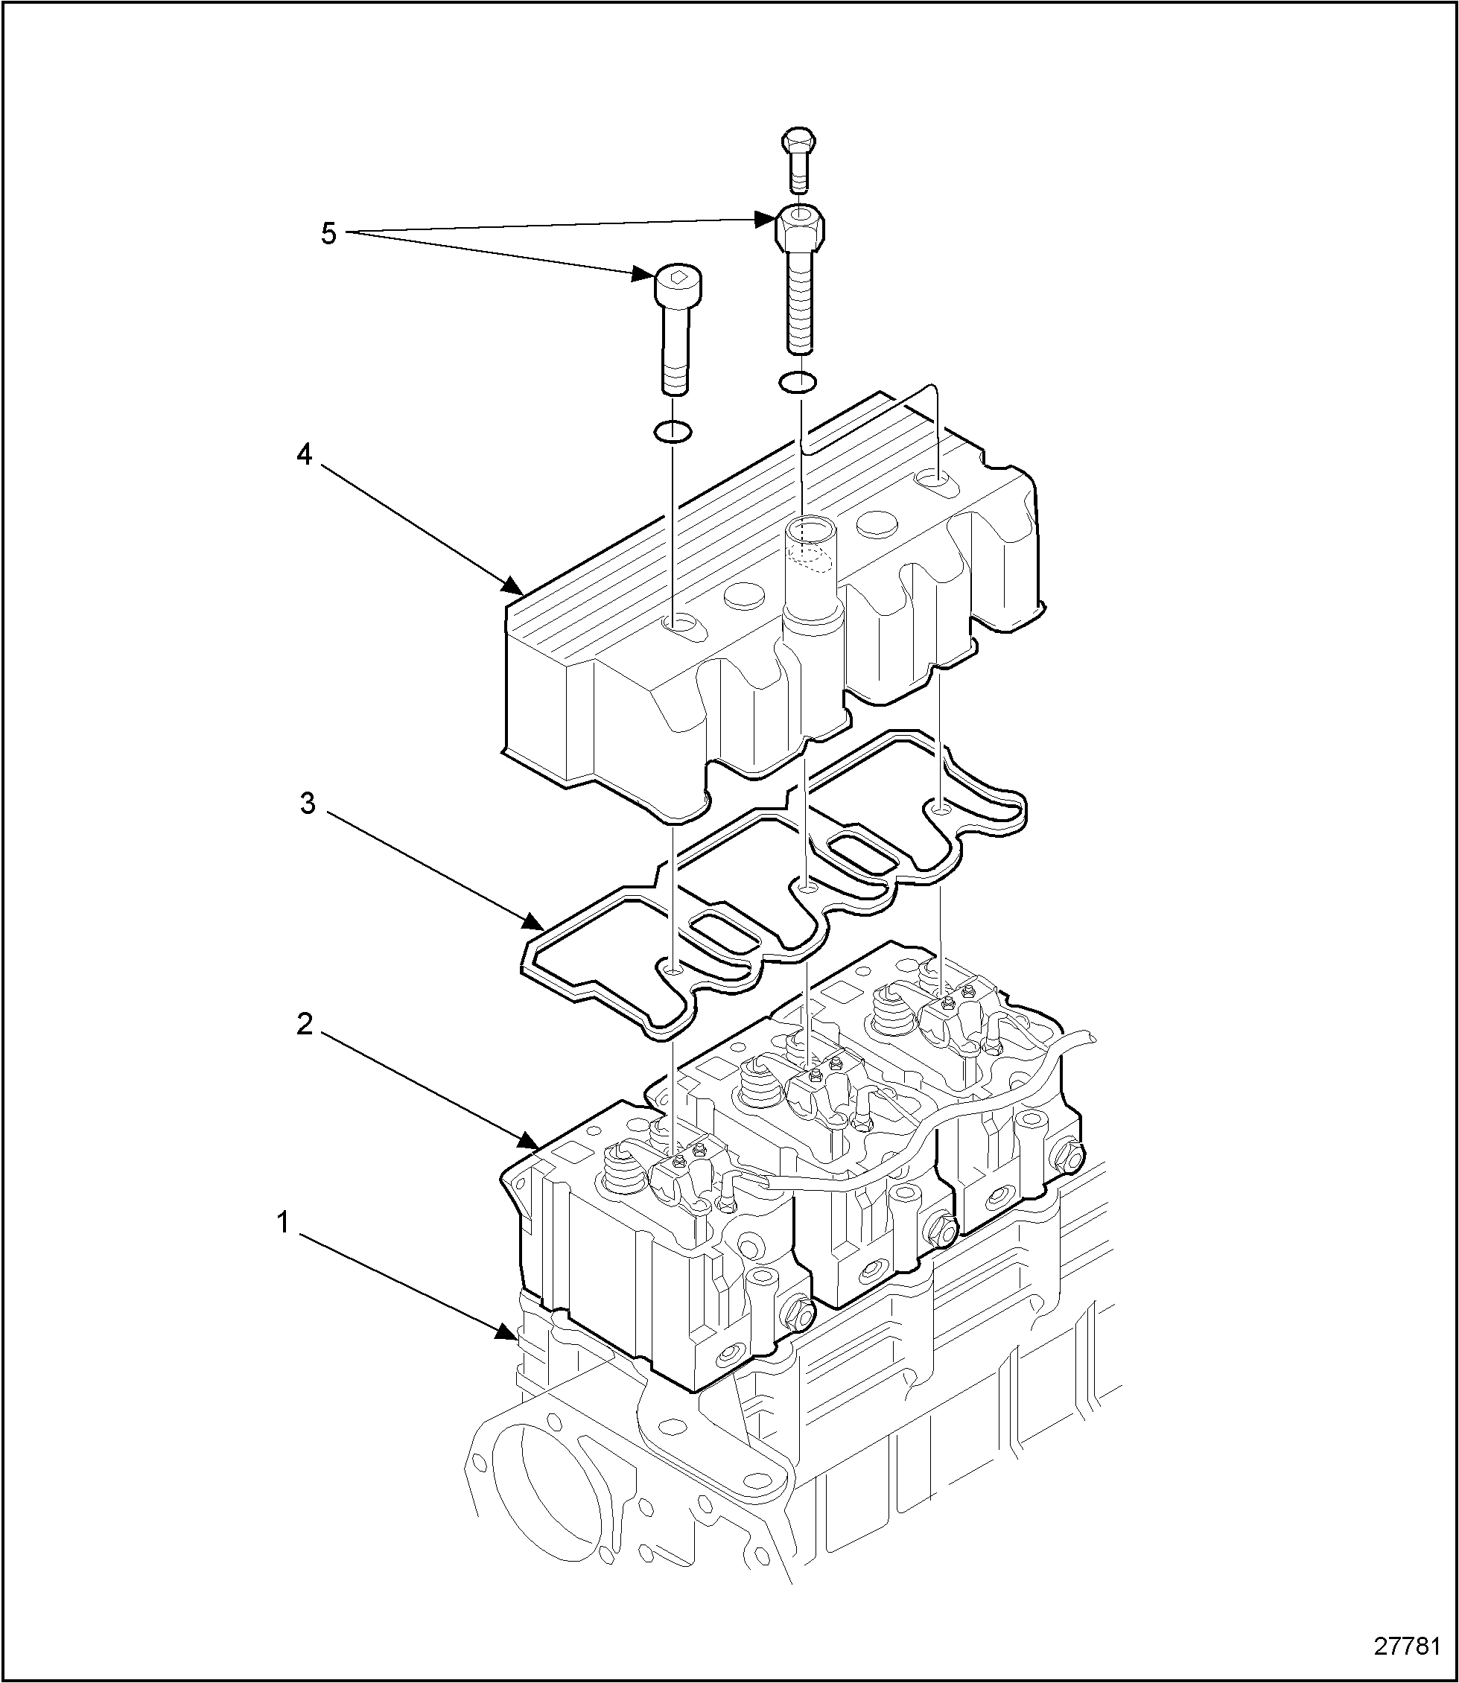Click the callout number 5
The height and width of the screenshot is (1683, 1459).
(328, 235)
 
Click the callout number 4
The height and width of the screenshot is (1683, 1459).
(304, 456)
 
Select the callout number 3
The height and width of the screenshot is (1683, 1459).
(308, 804)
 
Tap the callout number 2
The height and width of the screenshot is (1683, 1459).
(305, 1026)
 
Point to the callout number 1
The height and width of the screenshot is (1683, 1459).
(282, 1223)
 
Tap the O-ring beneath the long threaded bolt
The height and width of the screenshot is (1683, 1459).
(798, 381)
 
